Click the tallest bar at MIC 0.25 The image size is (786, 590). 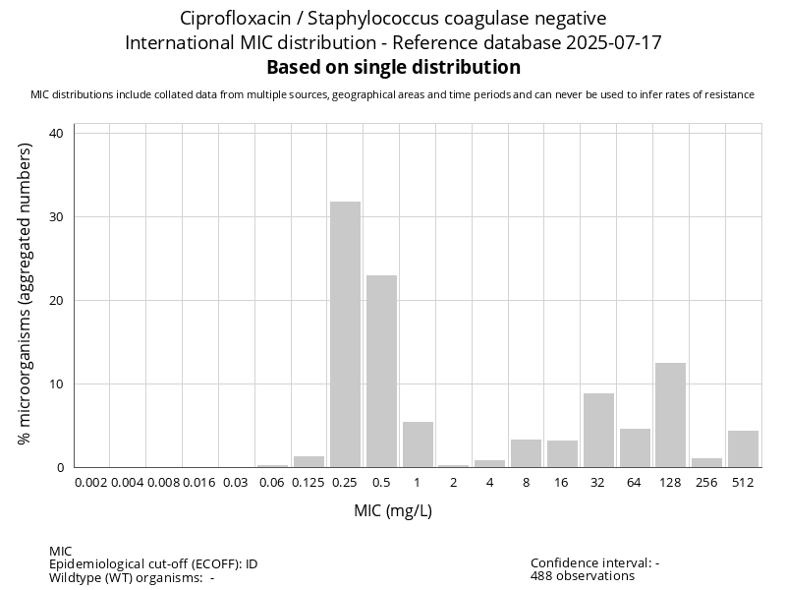tap(345, 334)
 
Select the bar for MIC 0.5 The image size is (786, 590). tap(381, 371)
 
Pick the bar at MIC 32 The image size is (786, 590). tap(598, 430)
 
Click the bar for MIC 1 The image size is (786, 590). tap(418, 444)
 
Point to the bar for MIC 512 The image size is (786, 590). tap(743, 448)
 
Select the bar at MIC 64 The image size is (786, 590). tap(635, 447)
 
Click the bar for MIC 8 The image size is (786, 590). tap(526, 453)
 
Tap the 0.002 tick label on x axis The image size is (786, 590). tap(91, 482)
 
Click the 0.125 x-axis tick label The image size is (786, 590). tap(309, 482)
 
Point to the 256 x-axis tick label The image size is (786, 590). tap(706, 482)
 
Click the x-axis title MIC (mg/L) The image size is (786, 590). tap(393, 510)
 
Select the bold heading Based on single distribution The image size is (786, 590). tap(393, 68)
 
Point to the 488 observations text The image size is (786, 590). tap(582, 576)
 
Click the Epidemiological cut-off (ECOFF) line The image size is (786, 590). tap(153, 564)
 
